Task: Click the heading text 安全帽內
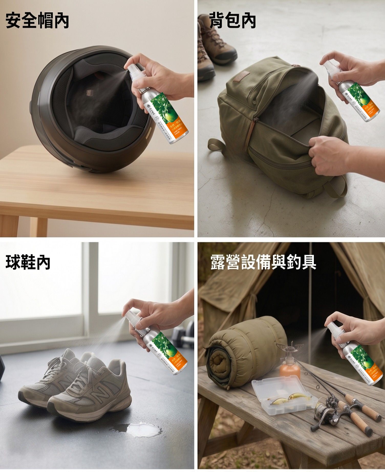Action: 37,21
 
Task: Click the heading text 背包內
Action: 232,21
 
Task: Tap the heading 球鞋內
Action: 28,262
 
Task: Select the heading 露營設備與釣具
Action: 263,262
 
